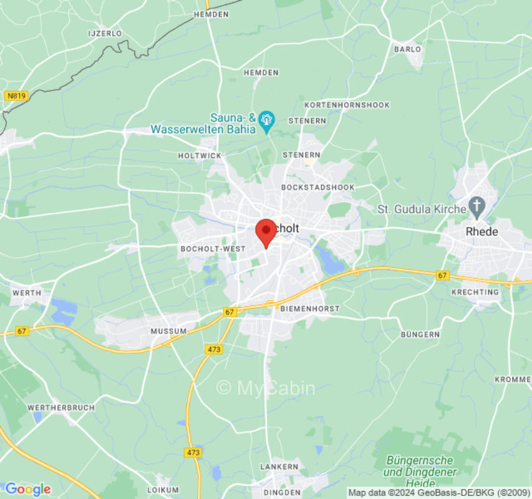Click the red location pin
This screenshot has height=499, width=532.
(266, 230)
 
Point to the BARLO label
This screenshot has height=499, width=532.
(408, 49)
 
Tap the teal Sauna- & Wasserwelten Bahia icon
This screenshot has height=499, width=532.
(267, 119)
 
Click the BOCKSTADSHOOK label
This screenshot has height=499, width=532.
(318, 187)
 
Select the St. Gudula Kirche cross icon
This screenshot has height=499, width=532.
(477, 205)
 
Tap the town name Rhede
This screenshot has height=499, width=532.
(482, 231)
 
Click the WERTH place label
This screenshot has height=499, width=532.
(26, 293)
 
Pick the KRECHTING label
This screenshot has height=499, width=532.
(475, 292)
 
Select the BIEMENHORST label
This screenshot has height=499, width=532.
(310, 309)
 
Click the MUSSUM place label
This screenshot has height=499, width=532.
(168, 331)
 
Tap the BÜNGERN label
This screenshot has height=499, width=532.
(420, 334)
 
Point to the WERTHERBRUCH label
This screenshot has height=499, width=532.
(61, 407)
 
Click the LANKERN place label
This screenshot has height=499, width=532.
(279, 467)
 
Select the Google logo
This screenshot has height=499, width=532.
(27, 489)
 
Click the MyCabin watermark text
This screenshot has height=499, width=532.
(266, 388)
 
